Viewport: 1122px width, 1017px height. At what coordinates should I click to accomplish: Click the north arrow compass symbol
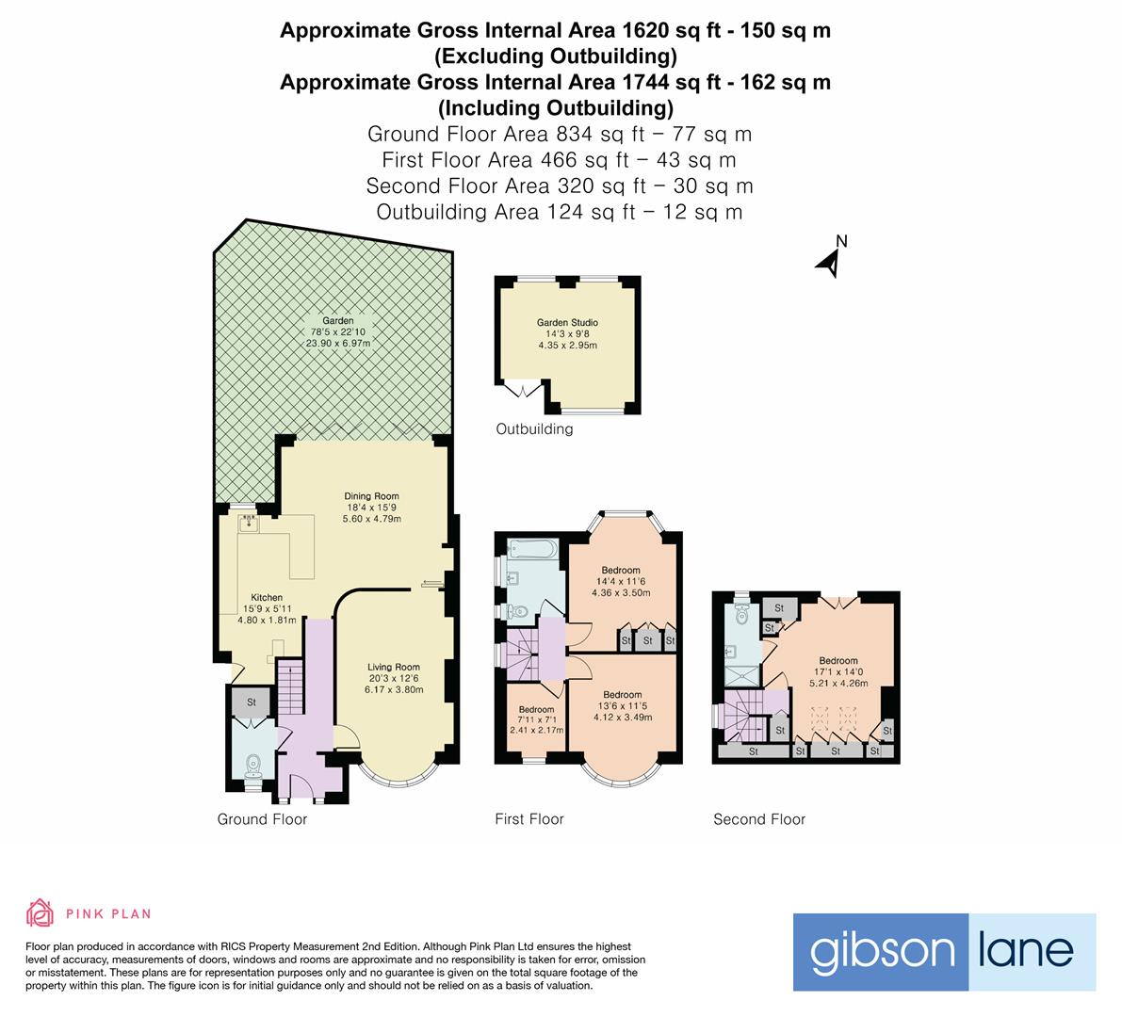[829, 261]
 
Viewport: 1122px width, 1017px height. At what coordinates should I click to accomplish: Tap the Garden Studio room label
[567, 334]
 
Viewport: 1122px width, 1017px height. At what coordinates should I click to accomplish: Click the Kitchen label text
[267, 608]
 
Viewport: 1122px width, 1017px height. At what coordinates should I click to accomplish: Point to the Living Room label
[394, 678]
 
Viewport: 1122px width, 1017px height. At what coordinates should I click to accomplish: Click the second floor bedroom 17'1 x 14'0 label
[837, 671]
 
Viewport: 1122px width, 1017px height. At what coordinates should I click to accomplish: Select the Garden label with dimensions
[337, 332]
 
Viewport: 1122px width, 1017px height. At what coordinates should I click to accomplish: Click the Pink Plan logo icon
[40, 912]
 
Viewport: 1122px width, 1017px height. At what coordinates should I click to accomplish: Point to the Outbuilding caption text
[534, 429]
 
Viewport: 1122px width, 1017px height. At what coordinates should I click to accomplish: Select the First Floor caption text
[528, 819]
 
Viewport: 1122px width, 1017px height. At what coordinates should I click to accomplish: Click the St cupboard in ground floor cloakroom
[252, 702]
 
